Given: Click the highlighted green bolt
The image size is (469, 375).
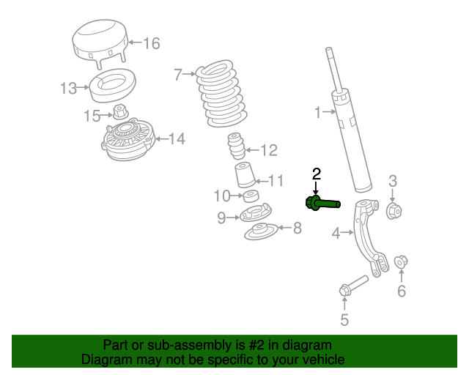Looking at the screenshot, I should coord(322,203).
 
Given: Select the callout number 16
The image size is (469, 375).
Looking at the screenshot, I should coord(151,43).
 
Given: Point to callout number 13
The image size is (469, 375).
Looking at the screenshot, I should coord(68,89).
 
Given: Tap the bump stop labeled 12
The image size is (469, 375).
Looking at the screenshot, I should coord(236,146).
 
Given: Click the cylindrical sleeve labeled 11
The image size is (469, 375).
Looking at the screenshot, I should coord(243,178).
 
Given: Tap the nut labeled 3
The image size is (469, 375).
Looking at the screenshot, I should coord(393,211).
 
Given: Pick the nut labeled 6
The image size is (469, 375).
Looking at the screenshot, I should coord(401,261).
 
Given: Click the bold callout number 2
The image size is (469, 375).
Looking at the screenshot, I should coord(317,174).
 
